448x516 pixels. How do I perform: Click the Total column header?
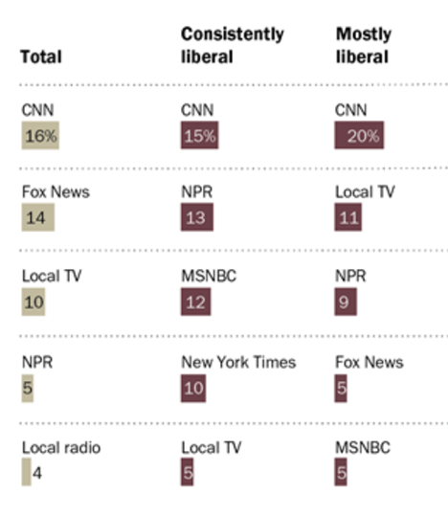click(40, 56)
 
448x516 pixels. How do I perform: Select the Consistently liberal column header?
click(233, 45)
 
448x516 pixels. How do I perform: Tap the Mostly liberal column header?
click(364, 45)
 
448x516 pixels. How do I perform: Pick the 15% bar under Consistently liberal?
click(200, 136)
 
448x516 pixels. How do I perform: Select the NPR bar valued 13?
click(196, 218)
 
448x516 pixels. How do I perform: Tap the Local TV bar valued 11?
click(349, 218)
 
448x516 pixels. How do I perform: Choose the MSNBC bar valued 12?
click(195, 303)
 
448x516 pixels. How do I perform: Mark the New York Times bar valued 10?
click(193, 389)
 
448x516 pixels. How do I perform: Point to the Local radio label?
click(60, 447)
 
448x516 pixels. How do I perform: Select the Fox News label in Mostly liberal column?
click(369, 362)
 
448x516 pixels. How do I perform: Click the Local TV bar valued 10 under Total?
click(34, 303)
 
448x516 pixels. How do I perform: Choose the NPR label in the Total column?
click(35, 362)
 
